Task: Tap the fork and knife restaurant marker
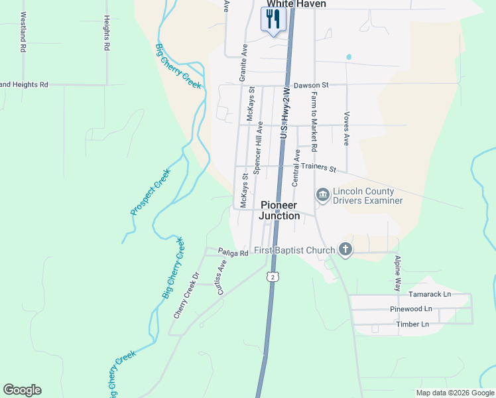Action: [x=272, y=19]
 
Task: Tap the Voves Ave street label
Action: [x=346, y=128]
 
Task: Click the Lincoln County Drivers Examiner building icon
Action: [x=323, y=195]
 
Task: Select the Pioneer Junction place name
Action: [x=279, y=210]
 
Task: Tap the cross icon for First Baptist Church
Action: [x=345, y=249]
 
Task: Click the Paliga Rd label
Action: [x=233, y=253]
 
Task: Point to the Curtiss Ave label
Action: [x=221, y=277]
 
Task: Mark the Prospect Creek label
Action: [x=150, y=191]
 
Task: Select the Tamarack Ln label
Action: [x=429, y=294]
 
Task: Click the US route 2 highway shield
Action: [x=271, y=275]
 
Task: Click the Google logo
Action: [x=22, y=390]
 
